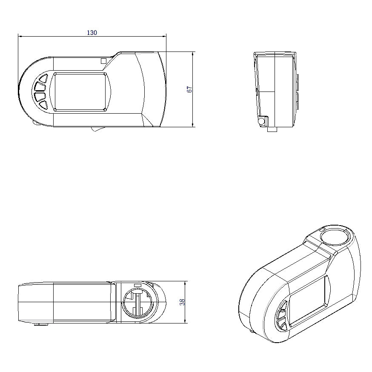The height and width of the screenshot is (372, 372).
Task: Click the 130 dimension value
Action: tap(92, 33)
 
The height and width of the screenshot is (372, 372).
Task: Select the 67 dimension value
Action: tap(190, 89)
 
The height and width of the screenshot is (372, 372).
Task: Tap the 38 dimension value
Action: tap(182, 302)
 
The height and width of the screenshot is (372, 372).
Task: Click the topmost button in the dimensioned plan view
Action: tap(43, 78)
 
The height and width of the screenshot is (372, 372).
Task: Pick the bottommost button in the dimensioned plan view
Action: tap(43, 104)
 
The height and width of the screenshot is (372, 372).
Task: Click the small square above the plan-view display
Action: tap(103, 61)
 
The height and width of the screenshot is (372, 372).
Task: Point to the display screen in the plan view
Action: tap(80, 92)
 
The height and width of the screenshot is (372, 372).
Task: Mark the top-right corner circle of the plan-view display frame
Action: tap(105, 74)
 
